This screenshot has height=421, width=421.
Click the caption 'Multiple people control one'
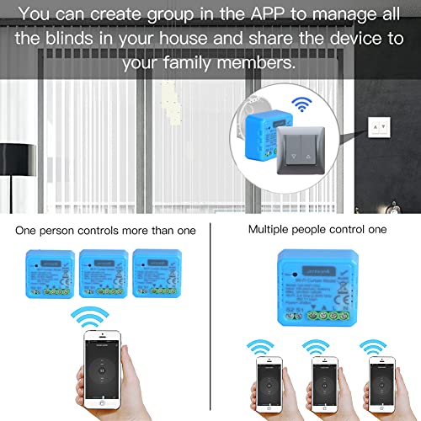point(316,230)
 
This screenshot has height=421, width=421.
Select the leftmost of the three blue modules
point(53,274)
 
